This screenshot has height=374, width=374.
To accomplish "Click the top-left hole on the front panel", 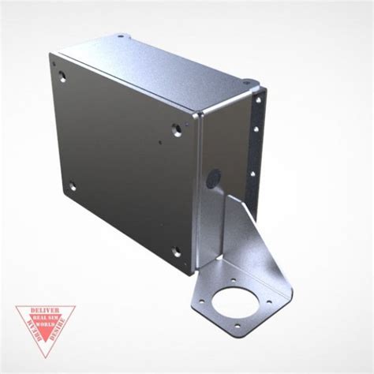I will pos(62,77).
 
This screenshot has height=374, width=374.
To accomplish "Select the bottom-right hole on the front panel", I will pos(176,252).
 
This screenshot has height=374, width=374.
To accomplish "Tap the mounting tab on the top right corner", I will pos(250,82).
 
